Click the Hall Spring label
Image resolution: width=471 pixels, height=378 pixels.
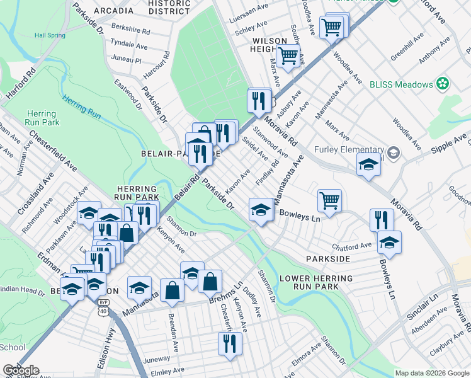tap(50, 35)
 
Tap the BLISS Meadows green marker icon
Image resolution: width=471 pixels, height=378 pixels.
tap(444, 84)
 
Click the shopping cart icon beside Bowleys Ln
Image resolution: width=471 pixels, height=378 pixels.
tap(329, 200)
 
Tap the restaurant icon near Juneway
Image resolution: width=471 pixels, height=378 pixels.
tap(229, 343)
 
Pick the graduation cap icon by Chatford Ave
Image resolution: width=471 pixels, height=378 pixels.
tap(390, 242)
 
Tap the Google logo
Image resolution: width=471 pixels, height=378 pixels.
tap(21, 370)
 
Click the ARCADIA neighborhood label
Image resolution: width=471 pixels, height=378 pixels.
tap(113, 11)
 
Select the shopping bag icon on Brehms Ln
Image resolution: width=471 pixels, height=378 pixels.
tap(210, 281)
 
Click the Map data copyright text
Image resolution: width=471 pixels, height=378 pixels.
tap(431, 373)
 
